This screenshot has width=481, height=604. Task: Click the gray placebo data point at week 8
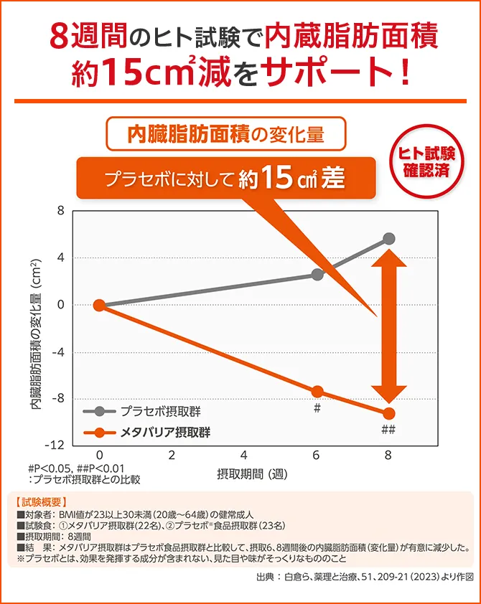click(389, 239)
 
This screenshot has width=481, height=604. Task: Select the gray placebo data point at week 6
click(317, 274)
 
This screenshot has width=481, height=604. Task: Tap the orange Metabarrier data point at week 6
click(317, 392)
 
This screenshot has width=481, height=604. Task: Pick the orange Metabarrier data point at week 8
click(389, 413)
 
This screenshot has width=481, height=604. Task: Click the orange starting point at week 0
click(100, 306)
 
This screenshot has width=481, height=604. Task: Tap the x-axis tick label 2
click(172, 456)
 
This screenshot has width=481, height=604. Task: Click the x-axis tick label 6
click(317, 456)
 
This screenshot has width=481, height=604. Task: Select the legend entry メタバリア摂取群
click(164, 432)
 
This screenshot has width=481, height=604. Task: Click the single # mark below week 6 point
click(317, 407)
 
